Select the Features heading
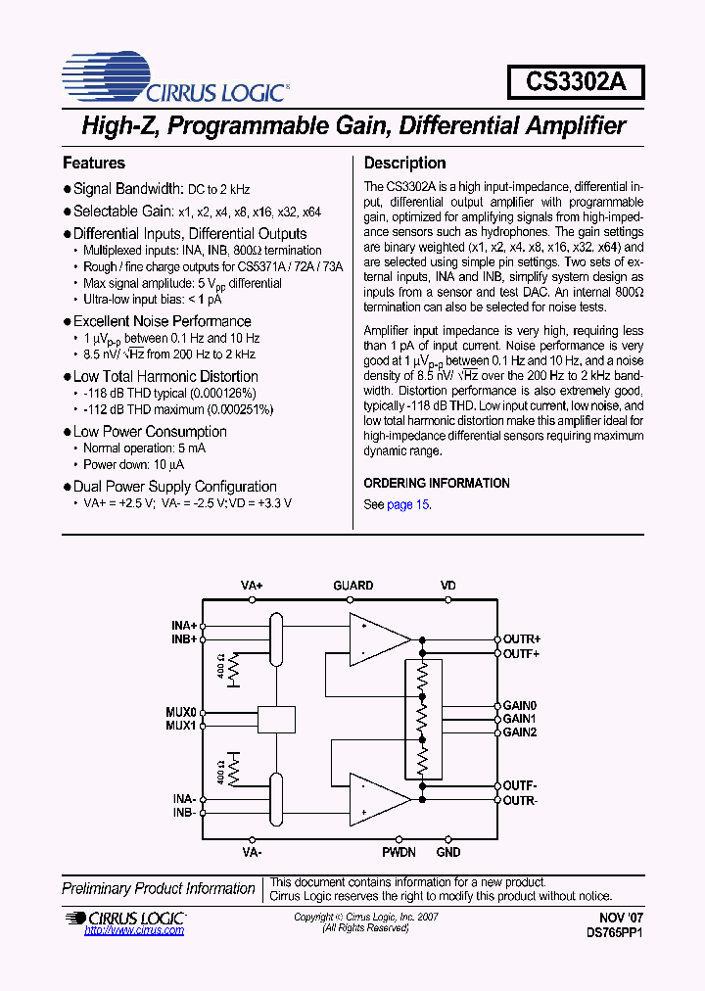(94, 163)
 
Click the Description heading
(404, 163)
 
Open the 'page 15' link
(407, 504)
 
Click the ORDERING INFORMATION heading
(437, 483)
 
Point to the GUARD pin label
(352, 586)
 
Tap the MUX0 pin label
(181, 712)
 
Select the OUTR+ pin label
(522, 638)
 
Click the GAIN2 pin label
(520, 732)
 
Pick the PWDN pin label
(399, 853)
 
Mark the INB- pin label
(184, 813)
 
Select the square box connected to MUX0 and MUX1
(276, 719)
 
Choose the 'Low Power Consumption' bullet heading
(150, 431)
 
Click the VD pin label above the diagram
(447, 586)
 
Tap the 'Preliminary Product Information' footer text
(159, 888)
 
